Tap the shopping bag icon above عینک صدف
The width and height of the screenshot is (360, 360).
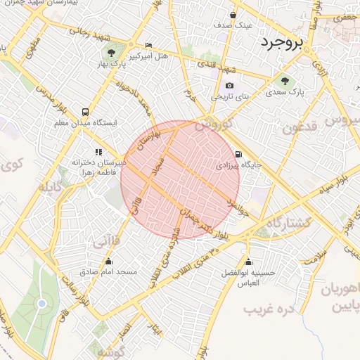pyautogui.click(x=231, y=13)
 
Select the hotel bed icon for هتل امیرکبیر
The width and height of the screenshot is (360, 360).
pyautogui.click(x=148, y=44)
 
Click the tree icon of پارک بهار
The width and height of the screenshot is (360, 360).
pyautogui.click(x=110, y=52)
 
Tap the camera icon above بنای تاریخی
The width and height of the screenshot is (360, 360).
pyautogui.click(x=229, y=85)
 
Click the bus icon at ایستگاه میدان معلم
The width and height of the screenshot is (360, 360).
pyautogui.click(x=85, y=112)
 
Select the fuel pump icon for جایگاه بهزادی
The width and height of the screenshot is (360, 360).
pyautogui.click(x=238, y=155)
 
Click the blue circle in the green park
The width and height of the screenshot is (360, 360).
pyautogui.click(x=41, y=303)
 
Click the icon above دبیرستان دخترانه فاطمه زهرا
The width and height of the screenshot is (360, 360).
pyautogui.click(x=98, y=151)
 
